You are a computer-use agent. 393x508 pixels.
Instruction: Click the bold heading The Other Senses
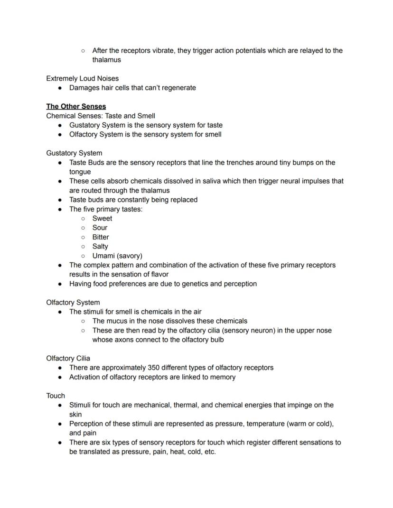click(76, 106)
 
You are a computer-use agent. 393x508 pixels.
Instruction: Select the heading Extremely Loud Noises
click(82, 78)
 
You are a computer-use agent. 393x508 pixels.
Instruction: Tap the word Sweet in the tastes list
click(102, 218)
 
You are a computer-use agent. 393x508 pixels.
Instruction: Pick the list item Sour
click(100, 228)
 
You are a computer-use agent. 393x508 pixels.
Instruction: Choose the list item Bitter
click(101, 237)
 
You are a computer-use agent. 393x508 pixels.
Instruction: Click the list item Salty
click(100, 246)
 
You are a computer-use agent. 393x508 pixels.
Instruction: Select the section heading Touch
click(56, 396)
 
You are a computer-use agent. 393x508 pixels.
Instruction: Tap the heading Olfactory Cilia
click(68, 358)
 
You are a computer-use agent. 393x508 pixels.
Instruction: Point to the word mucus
click(118, 321)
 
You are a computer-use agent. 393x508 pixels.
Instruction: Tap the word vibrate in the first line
click(162, 50)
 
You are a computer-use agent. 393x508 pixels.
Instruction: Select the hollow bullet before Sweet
click(83, 219)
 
